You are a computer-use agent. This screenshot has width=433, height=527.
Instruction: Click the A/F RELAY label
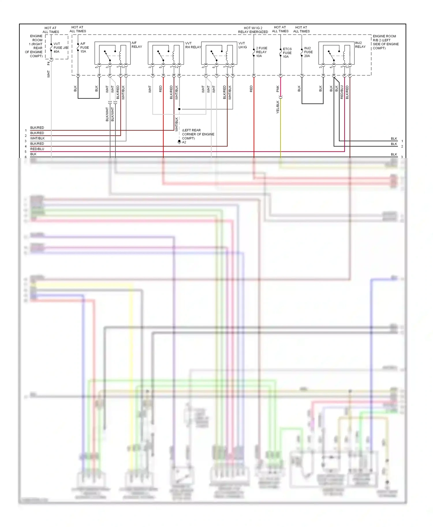137,45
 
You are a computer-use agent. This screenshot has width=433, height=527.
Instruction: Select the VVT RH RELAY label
193,45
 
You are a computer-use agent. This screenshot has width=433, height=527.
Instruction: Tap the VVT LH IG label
242,45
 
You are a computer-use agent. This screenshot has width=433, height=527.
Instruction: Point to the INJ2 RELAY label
360,45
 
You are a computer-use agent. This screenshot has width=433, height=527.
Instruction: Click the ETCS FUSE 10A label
287,53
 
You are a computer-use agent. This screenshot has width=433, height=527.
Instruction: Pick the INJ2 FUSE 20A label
308,52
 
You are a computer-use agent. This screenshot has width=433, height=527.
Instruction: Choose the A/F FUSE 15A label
84,48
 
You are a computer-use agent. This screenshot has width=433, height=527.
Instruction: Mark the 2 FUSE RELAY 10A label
261,52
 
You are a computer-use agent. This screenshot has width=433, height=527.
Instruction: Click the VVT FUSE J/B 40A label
61,48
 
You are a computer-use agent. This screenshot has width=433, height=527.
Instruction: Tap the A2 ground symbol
179,142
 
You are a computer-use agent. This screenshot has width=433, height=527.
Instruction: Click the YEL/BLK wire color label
278,107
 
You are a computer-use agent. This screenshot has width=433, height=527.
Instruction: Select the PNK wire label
278,89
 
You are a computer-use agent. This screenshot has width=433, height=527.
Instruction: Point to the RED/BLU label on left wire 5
37,149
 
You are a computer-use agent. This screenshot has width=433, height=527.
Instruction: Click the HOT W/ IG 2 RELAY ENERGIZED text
253,30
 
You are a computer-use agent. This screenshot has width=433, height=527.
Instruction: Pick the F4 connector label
48,63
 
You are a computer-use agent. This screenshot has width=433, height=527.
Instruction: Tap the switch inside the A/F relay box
107,56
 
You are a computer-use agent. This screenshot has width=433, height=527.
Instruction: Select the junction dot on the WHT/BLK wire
179,109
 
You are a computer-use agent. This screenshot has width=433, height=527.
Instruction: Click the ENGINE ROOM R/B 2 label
385,42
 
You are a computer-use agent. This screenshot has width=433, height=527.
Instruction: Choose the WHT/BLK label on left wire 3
37,138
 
